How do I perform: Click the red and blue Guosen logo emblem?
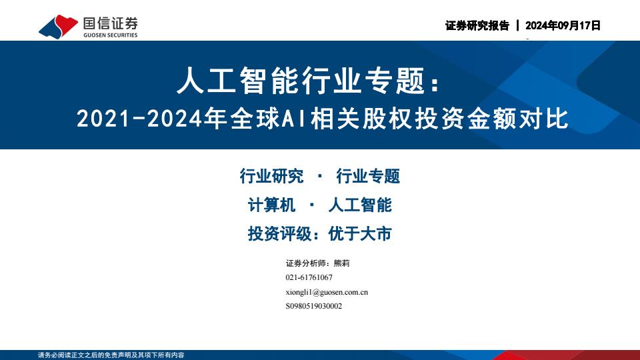point(58,27)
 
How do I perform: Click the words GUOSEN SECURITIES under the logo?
point(110,35)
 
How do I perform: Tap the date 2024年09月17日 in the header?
point(563,26)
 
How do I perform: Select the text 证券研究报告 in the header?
point(477,26)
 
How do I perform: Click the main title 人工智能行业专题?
point(301,81)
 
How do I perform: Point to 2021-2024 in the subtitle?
point(139,119)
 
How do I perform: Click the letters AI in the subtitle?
point(294,119)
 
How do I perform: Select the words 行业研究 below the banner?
point(271,176)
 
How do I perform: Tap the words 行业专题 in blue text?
point(368,176)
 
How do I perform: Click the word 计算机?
point(271,205)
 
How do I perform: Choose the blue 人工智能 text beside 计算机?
point(360,205)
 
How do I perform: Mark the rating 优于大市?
point(360,234)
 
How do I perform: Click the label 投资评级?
point(279,234)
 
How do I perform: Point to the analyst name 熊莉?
point(341,263)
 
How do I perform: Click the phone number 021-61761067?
point(309,277)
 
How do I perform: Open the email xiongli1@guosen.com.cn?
point(327,292)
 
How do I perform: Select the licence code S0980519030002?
point(314,306)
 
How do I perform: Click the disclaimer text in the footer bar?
point(111,355)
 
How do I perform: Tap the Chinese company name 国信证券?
point(110,23)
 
